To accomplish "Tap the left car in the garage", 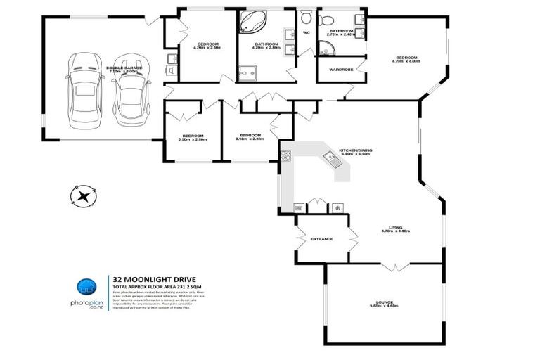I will [x=83, y=89].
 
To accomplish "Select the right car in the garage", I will [x=131, y=87].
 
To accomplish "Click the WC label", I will [x=307, y=33].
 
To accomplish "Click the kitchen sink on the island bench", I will [x=331, y=159].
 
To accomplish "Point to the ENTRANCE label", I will [x=321, y=239].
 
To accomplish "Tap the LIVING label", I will [x=396, y=227].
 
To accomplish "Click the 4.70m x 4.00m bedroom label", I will [x=406, y=61].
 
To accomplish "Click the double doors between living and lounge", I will [x=394, y=268].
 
